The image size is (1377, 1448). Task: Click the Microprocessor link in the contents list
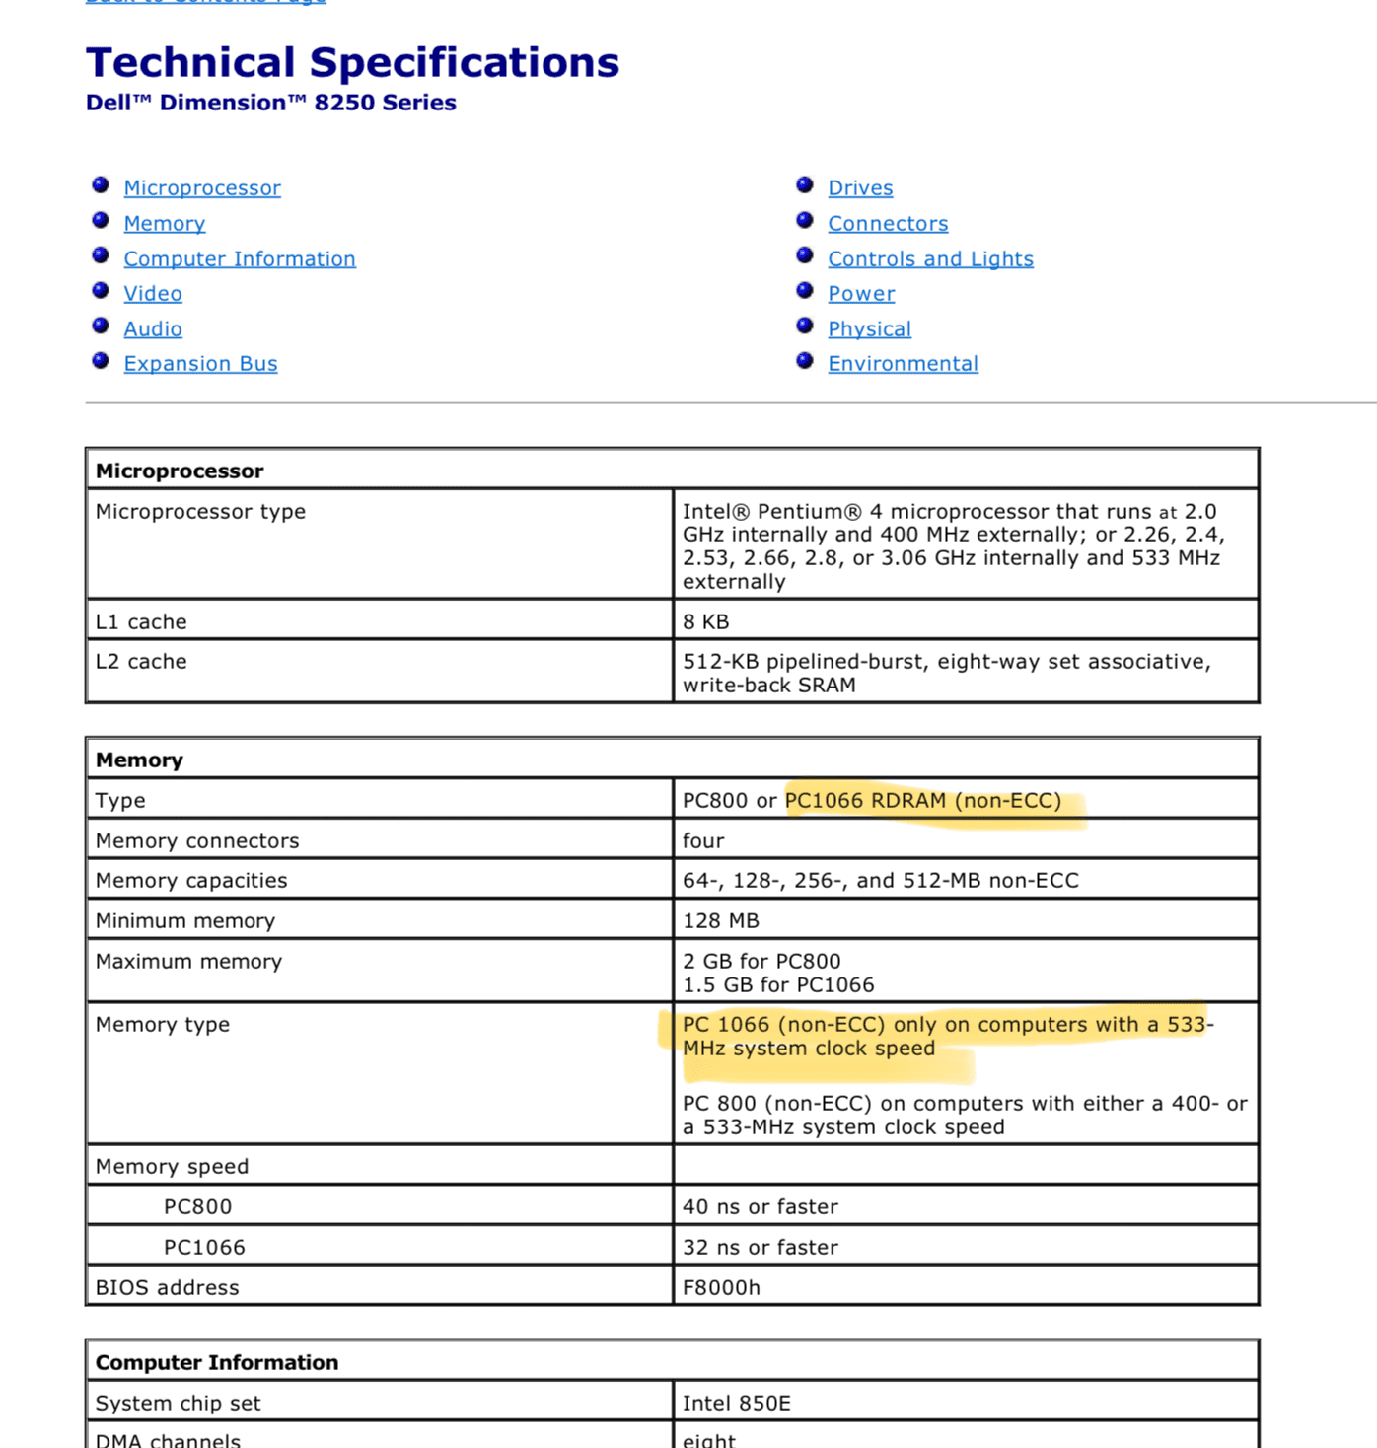pos(202,188)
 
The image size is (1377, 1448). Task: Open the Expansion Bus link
pos(200,364)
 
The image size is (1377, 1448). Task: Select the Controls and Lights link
pos(930,259)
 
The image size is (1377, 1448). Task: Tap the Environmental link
pos(903,364)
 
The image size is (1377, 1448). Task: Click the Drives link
pos(860,188)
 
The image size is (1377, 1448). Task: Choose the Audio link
pos(153,329)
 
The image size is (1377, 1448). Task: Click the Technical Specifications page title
pos(352,63)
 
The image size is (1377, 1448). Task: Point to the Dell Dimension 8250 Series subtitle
pos(271,104)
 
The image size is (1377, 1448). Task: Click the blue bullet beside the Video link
pos(101,291)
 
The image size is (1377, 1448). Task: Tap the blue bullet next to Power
pos(805,291)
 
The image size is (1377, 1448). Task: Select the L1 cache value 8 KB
pos(706,622)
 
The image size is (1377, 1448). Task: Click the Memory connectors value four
pos(703,841)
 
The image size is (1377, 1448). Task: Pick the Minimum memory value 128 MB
pos(721,921)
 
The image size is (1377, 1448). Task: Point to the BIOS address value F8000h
pos(721,1288)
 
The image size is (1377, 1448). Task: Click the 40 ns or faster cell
pos(761,1207)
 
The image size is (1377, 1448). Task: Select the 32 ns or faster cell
pos(761,1248)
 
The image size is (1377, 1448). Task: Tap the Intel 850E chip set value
pos(737,1404)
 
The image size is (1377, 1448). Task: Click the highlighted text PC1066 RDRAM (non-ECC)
pos(923,801)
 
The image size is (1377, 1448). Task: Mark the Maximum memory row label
pos(188,962)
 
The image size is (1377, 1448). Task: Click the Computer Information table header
pos(217,1363)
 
